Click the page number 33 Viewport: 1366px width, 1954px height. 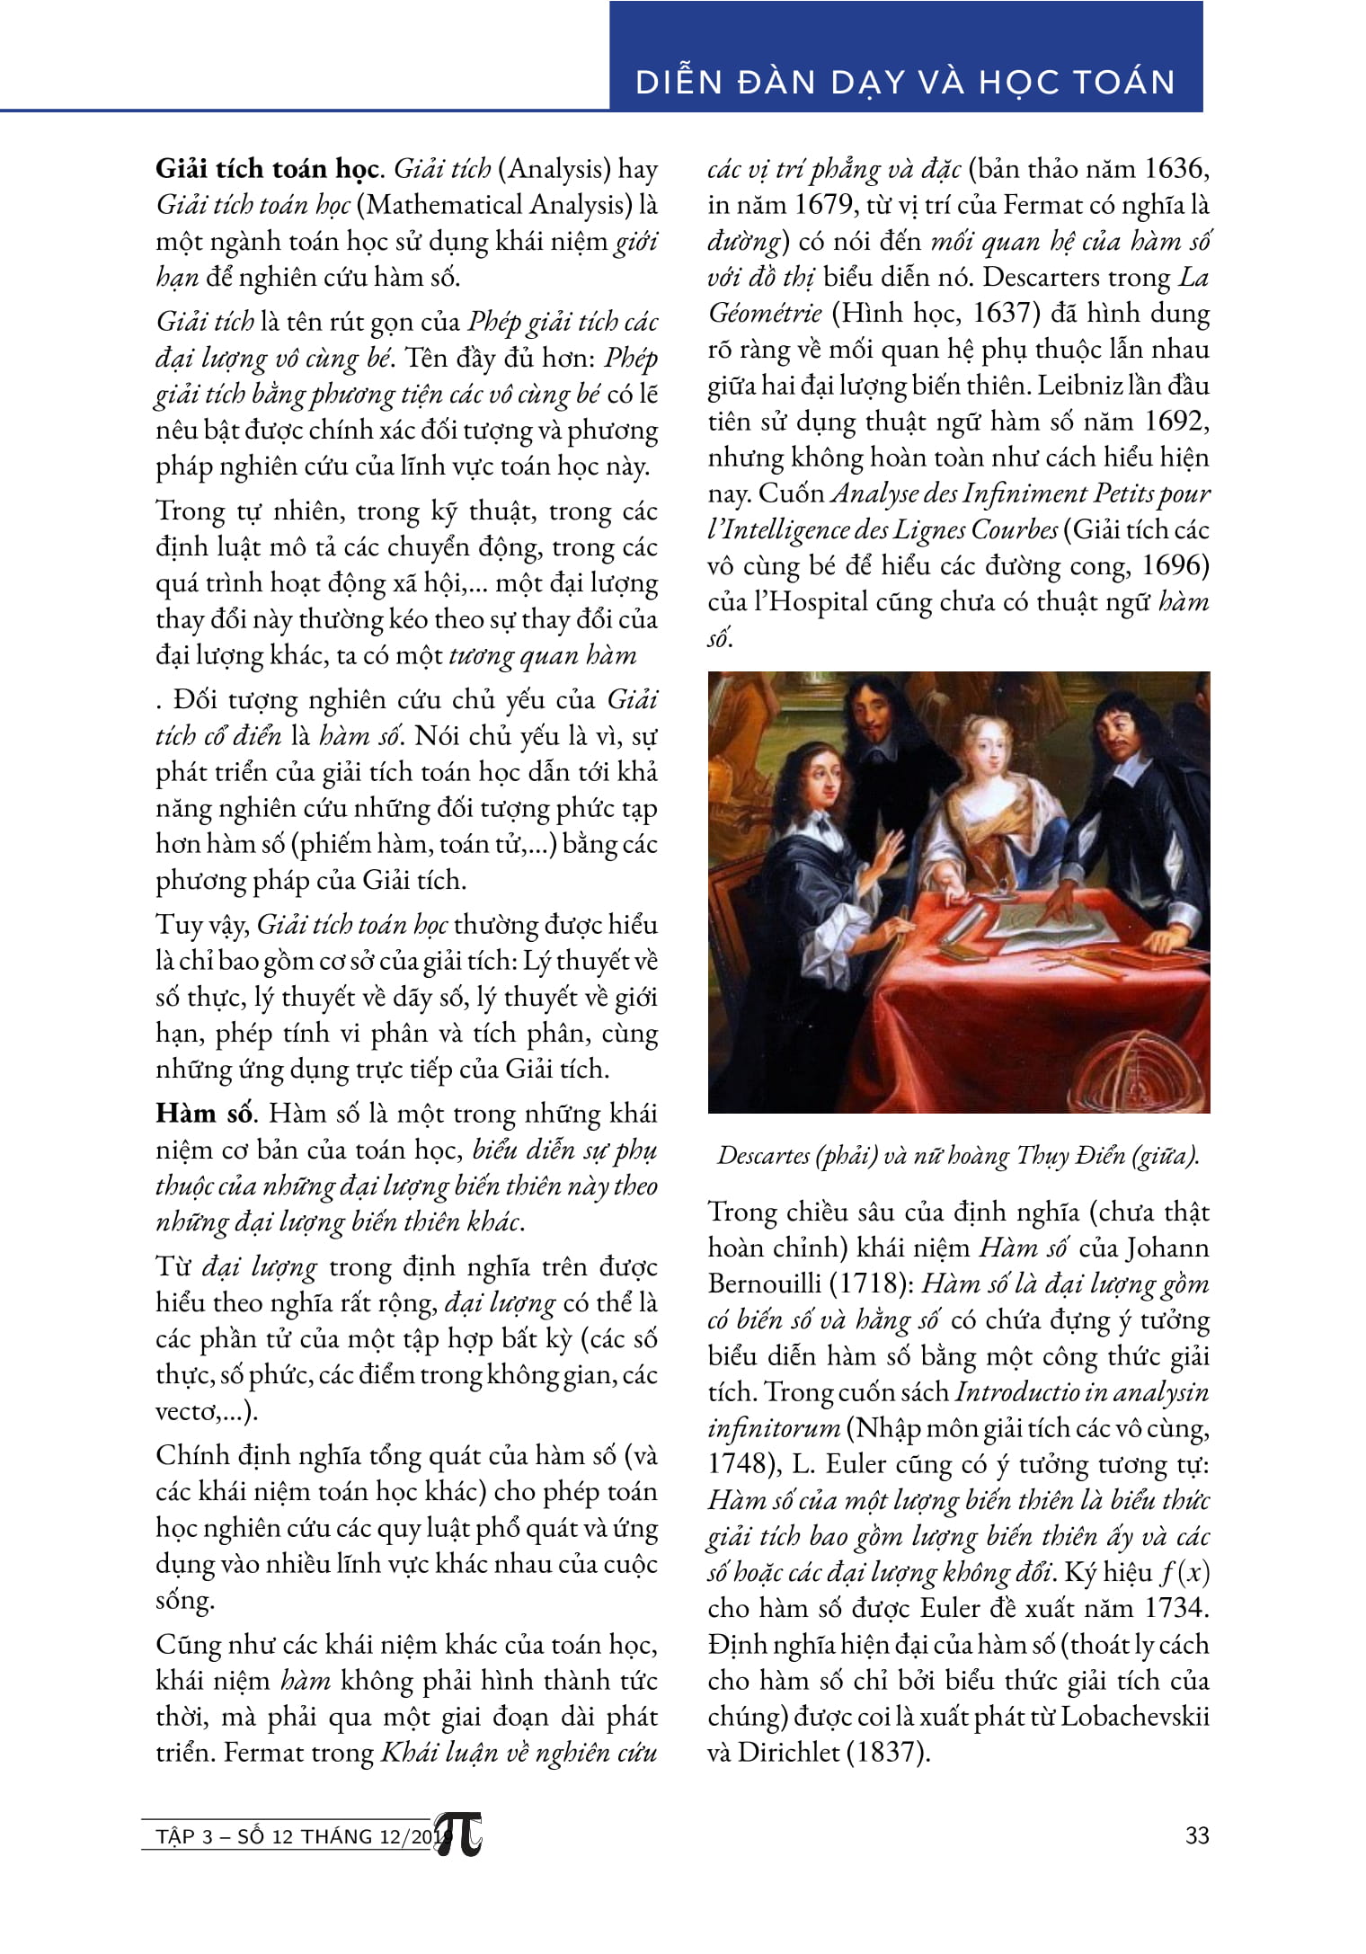pos(1197,1834)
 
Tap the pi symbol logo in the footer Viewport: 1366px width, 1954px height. pos(460,1835)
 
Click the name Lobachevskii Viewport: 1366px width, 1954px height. pos(1134,1716)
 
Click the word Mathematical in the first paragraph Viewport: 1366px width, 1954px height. pos(444,205)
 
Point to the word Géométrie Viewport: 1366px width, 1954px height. pos(765,313)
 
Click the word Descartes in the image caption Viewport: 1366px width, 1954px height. pos(762,1155)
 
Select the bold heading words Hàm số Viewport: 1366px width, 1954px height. pos(204,1114)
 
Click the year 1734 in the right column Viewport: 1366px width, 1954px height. pos(1176,1608)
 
